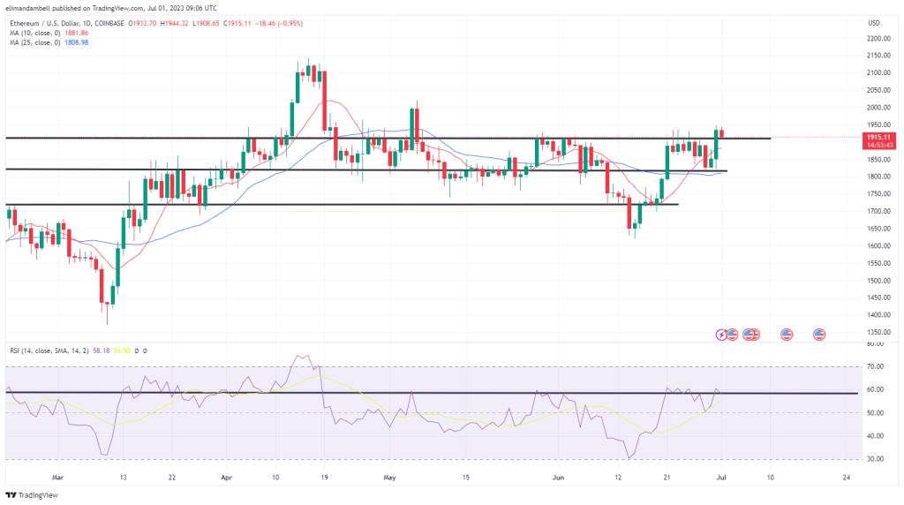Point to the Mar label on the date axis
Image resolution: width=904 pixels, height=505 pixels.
[58, 476]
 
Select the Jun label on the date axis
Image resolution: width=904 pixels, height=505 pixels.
[558, 476]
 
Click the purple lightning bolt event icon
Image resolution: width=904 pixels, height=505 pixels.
[723, 334]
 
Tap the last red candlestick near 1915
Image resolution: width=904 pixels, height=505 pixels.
[721, 134]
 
